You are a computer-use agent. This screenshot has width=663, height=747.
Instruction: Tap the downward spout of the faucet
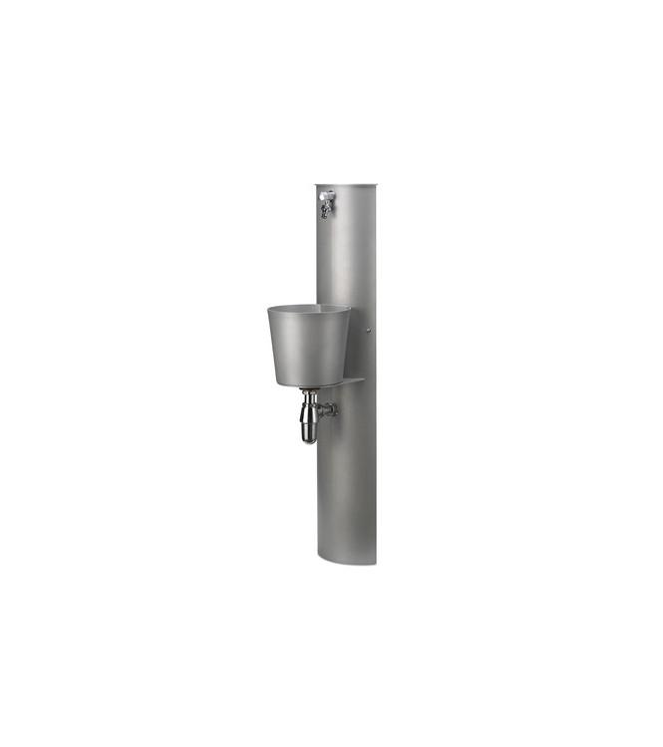click(x=323, y=212)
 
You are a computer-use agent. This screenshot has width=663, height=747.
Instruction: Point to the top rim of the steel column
click(x=346, y=185)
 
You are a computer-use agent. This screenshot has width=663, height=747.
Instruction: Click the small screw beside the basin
click(x=369, y=332)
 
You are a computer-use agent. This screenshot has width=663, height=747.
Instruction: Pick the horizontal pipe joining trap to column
click(x=323, y=408)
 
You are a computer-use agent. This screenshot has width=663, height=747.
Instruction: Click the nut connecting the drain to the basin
click(x=310, y=395)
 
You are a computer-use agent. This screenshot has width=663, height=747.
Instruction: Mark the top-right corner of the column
click(x=375, y=185)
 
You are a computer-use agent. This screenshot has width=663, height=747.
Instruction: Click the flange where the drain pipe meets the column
click(x=333, y=408)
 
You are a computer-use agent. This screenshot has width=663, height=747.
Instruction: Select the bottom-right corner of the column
click(x=375, y=564)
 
